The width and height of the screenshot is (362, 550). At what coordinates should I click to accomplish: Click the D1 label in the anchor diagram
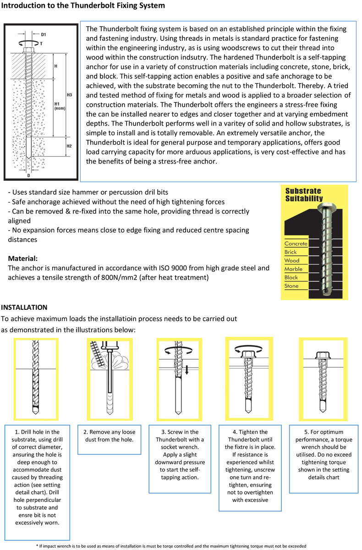click(x=43, y=34)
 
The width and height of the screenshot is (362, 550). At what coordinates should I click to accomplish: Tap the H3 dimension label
click(x=69, y=95)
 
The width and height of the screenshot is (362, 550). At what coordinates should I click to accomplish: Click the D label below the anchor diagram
click(x=29, y=175)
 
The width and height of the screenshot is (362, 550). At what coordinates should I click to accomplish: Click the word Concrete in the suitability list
click(x=296, y=244)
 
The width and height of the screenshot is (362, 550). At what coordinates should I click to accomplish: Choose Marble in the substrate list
click(x=293, y=269)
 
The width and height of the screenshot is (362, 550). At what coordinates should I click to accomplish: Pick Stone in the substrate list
click(x=291, y=286)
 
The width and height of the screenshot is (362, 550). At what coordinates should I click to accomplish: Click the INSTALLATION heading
click(x=24, y=307)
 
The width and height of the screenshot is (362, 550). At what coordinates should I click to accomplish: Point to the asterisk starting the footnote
click(x=37, y=546)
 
